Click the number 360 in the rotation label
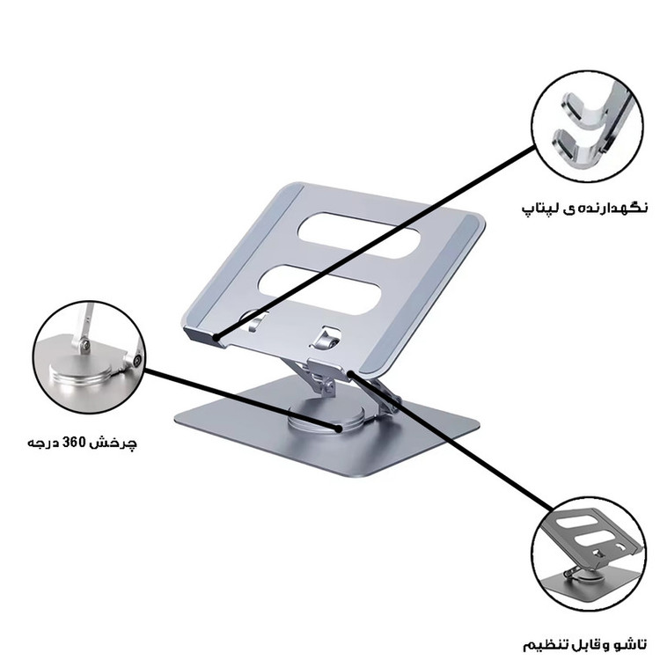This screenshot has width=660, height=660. [x=76, y=443]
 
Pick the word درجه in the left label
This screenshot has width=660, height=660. [x=43, y=444]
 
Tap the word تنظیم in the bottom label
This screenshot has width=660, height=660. [x=542, y=645]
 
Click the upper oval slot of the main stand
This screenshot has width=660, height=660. [x=359, y=235]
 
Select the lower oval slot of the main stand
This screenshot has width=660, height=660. [x=320, y=290]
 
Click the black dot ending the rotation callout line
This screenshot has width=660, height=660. [x=339, y=429]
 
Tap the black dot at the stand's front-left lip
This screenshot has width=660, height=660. [x=216, y=337]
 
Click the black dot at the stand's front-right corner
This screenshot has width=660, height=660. [x=350, y=373]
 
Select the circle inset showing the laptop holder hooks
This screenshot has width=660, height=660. [x=587, y=126]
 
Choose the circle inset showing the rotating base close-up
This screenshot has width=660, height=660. [x=89, y=357]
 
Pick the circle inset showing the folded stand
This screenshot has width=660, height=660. [x=588, y=554]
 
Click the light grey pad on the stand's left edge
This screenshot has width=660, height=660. [x=242, y=257]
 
